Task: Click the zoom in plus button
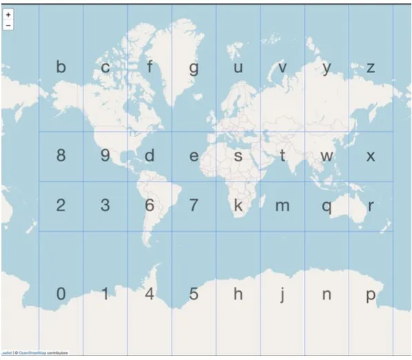coord(8,14)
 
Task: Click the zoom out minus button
coord(8,25)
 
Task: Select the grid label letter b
coord(61,68)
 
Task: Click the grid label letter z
coord(371,68)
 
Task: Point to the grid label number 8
coord(61,155)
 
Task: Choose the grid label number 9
coord(105,155)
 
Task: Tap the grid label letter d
coord(150,155)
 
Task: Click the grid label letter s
coord(238,156)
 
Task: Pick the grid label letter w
coord(327,156)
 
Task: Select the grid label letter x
coord(371,156)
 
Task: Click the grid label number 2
coord(61,205)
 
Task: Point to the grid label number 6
coord(150,205)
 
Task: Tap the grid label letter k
coord(238,205)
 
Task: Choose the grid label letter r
coord(371,206)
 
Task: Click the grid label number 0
coord(61,294)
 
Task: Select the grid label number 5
coord(194,294)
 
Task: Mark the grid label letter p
coord(371,295)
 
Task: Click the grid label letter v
coord(282,68)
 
